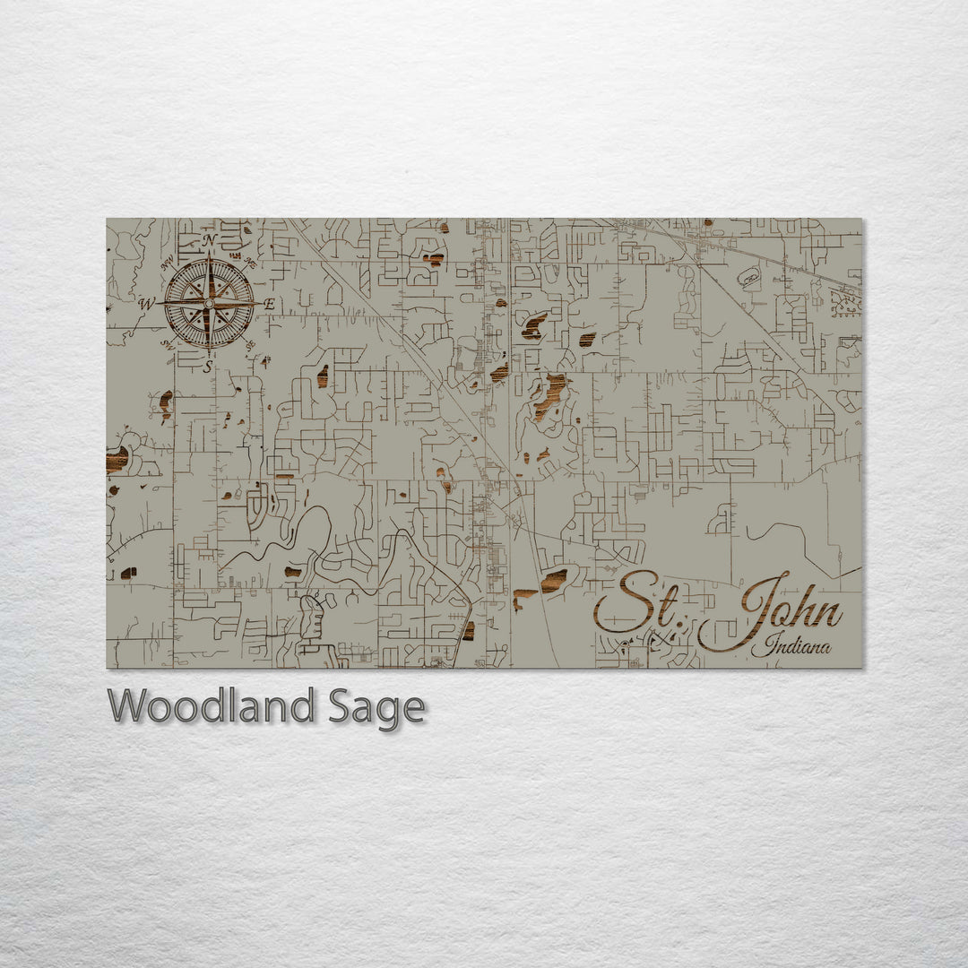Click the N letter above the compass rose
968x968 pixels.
click(209, 240)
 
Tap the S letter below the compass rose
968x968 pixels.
click(208, 366)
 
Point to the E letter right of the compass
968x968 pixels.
click(269, 305)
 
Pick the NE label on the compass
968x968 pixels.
click(249, 263)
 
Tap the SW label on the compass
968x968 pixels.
click(167, 344)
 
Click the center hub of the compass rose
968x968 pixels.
click(209, 304)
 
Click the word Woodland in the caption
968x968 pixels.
click(212, 707)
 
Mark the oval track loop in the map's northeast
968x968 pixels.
click(748, 279)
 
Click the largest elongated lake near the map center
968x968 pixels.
click(549, 395)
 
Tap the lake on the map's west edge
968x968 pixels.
click(117, 460)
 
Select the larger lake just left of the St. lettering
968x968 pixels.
click(553, 581)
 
